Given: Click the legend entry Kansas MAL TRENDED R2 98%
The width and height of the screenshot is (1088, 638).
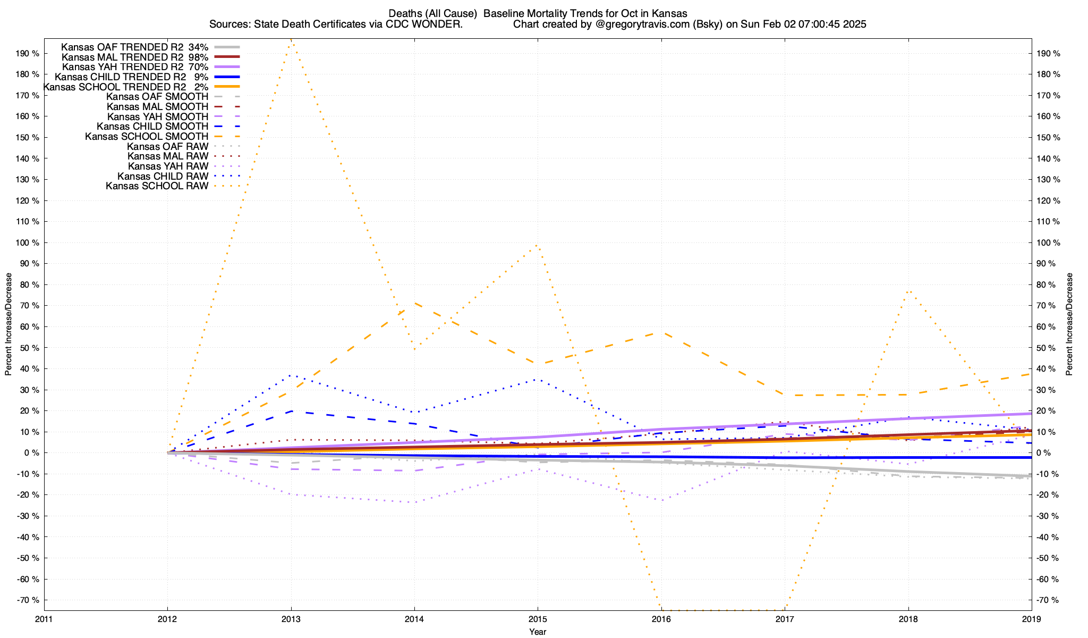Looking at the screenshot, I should [x=135, y=57].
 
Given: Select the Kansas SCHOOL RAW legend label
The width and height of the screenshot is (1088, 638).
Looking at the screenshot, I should [x=157, y=186].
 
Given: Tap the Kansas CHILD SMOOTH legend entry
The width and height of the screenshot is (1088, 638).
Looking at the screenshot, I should [x=152, y=127].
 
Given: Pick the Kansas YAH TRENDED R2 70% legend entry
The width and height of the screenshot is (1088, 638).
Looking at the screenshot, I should [x=135, y=67].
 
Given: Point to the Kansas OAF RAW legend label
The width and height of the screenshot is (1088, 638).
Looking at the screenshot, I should [x=167, y=146].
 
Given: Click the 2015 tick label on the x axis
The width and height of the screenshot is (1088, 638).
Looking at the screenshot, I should [x=538, y=619].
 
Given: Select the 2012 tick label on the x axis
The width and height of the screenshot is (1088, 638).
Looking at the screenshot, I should [x=167, y=619].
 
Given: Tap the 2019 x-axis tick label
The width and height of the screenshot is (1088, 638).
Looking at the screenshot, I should [x=1032, y=619].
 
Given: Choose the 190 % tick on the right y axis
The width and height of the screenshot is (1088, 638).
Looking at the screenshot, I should [x=1049, y=54].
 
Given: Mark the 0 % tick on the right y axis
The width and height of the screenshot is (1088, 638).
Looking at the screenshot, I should [x=1044, y=453].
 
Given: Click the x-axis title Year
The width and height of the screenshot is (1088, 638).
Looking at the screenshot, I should [x=538, y=632].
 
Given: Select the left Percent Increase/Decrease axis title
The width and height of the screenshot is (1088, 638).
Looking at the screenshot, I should [x=8, y=324].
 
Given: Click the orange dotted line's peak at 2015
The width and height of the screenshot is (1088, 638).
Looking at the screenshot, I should [x=538, y=245].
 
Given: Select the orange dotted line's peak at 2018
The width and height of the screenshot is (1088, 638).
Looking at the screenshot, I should [x=908, y=290].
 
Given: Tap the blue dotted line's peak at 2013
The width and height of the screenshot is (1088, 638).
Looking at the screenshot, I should [x=291, y=375].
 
